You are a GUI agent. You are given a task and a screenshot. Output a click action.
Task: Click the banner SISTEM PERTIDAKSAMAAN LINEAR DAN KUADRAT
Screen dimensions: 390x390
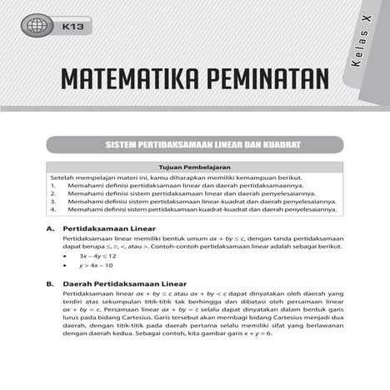point(194,146)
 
